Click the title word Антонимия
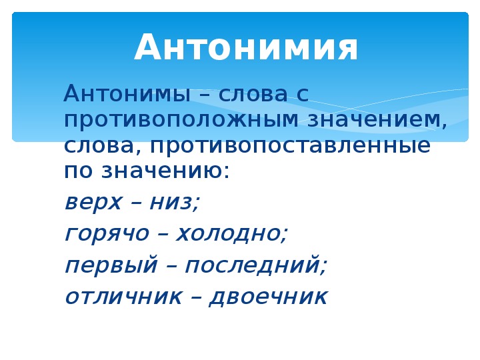tap(246, 47)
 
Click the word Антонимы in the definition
tap(127, 93)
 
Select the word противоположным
tap(181, 120)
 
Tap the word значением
tap(377, 119)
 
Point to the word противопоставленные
tap(290, 146)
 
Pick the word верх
tap(93, 203)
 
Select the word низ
tap(175, 203)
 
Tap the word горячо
tap(107, 235)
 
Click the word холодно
tap(232, 233)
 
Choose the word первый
tap(111, 265)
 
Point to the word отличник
tap(124, 297)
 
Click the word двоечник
tap(268, 296)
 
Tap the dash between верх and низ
tap(135, 203)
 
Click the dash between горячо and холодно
tap(163, 235)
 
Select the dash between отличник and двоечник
tap(196, 297)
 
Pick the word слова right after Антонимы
tap(253, 94)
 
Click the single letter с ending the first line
tap(303, 94)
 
